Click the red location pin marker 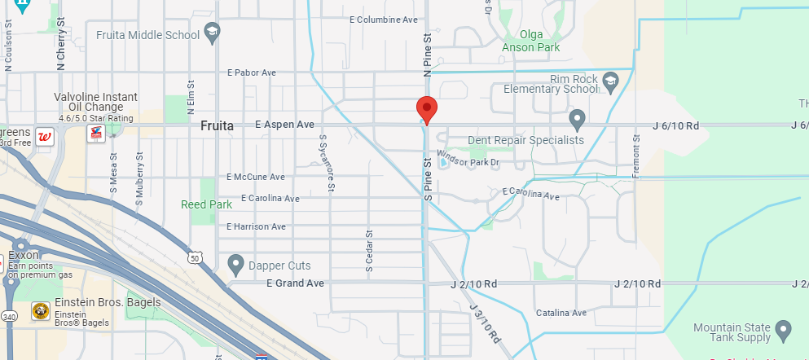(426, 109)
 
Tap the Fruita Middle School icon (213, 34)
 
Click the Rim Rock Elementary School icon (611, 81)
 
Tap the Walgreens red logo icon (46, 135)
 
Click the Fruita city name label (217, 126)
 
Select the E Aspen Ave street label (284, 125)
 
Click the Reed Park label (206, 205)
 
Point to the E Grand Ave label (295, 283)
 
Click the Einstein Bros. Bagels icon (39, 310)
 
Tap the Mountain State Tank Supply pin (783, 330)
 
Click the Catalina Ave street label (561, 313)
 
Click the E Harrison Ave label (257, 226)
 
